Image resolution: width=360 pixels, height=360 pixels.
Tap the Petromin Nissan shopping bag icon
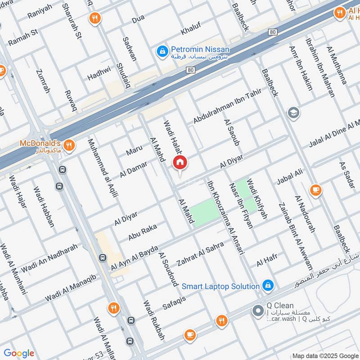(162, 53)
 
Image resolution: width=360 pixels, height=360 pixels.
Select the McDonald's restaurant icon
(68, 145)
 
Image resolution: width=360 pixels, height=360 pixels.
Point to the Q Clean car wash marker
(258, 310)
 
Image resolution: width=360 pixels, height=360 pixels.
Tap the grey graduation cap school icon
(293, 112)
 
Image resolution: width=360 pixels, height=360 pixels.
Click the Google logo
(19, 353)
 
